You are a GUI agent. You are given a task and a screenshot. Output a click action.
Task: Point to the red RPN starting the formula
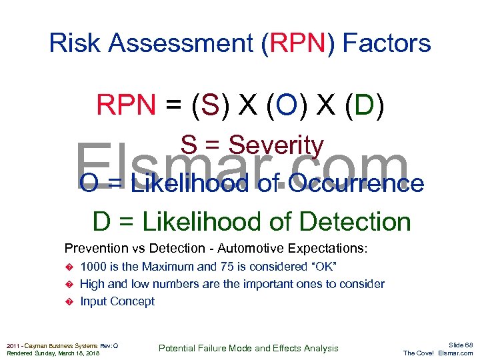(x=126, y=105)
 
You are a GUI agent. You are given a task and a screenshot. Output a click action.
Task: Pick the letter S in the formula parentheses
(x=209, y=105)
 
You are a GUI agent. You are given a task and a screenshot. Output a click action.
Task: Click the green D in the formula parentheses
(x=364, y=105)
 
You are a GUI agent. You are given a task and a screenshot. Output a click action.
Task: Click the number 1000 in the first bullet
(x=93, y=267)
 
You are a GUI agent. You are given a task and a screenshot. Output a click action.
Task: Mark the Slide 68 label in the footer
(x=461, y=345)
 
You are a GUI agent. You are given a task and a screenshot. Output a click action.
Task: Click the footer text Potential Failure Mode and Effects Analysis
(x=249, y=348)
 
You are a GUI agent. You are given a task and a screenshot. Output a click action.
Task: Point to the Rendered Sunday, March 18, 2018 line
(x=53, y=353)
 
